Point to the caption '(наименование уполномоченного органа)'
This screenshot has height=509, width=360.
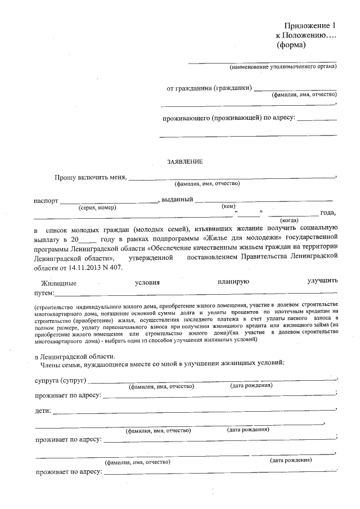click(x=283, y=67)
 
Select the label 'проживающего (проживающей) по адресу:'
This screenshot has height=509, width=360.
click(x=228, y=119)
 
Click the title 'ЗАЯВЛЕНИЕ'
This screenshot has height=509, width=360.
click(x=184, y=161)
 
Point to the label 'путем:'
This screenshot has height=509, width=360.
click(x=44, y=293)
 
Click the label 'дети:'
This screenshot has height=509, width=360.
click(x=43, y=411)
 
